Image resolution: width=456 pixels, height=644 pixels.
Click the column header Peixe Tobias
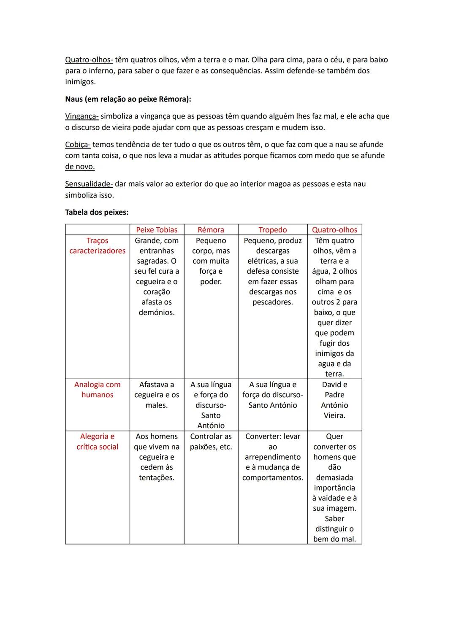pos(157,230)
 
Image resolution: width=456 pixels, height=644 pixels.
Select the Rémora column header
pos(211,230)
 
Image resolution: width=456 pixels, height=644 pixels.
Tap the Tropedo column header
pos(272,230)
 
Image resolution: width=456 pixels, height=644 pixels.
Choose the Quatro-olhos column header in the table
pos(334,230)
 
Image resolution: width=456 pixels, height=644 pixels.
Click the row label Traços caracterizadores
pos(97,245)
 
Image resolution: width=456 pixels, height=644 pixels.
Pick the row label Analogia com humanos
pos(97,390)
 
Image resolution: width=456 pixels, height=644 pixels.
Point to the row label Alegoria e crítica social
pos(97,442)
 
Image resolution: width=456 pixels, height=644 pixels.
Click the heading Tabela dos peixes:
pos(97,212)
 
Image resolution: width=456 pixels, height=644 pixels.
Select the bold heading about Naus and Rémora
pos(128,99)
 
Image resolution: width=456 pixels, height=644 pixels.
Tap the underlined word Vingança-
pos(81,116)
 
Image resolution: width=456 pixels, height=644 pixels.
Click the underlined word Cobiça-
pos(78,145)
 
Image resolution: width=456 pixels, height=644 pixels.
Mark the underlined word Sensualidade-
pos(89,184)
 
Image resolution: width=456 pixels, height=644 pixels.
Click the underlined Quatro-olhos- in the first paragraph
pos(89,60)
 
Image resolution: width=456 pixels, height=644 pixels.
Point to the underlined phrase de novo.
pos(80,167)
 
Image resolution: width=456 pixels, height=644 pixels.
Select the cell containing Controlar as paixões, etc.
pos(211,442)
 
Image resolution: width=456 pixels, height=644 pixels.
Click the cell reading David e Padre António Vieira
pos(334,400)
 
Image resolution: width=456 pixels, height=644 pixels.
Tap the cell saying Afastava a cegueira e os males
pos(157,395)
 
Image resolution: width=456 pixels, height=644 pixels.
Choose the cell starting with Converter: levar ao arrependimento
pos(272,457)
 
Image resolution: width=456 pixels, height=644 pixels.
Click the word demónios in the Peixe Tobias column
pos(157,313)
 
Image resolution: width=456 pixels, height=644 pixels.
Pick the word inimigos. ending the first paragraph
pos(80,82)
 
